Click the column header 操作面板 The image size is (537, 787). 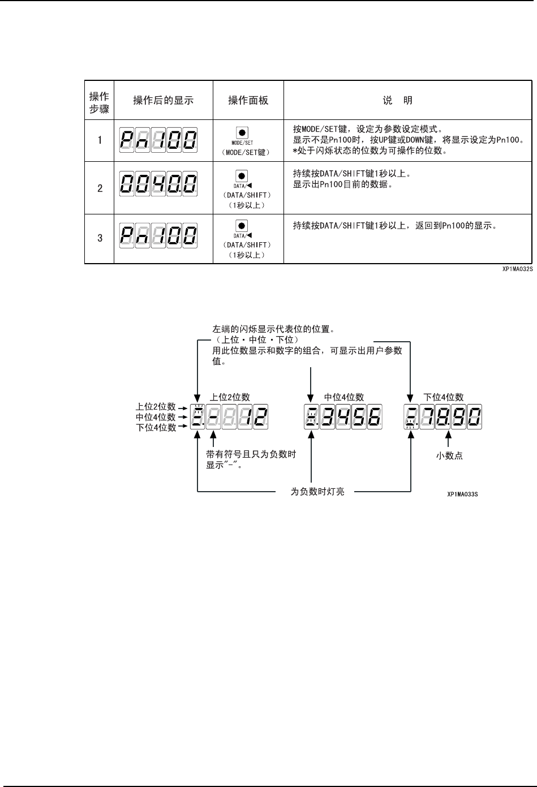(248, 101)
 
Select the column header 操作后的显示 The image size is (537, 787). (163, 101)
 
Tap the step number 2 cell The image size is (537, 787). (100, 188)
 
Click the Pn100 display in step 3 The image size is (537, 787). (158, 235)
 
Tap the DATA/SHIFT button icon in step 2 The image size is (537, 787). (242, 176)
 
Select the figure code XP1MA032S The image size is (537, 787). (517, 270)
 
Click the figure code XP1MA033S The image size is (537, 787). (462, 494)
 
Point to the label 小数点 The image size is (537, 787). (449, 455)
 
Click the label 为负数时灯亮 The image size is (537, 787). (317, 492)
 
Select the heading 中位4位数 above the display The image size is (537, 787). (343, 397)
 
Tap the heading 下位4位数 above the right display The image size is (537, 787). (443, 397)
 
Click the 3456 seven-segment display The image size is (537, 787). (351, 418)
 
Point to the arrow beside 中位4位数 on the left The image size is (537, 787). (182, 418)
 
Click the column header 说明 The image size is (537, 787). (397, 101)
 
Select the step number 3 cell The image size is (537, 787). (100, 238)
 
